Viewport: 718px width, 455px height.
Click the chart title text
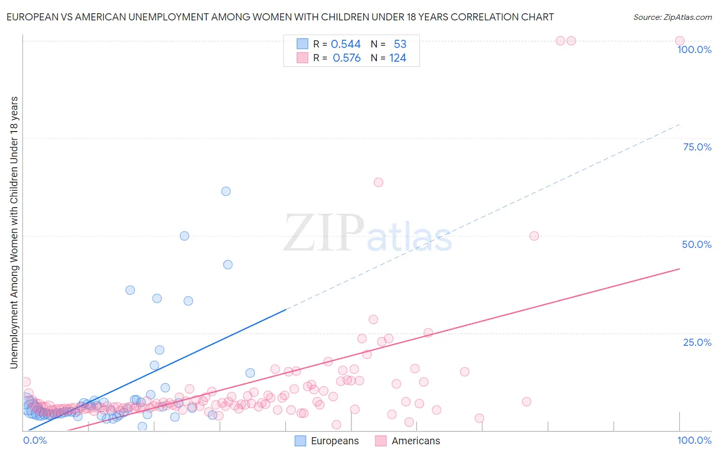tap(280, 17)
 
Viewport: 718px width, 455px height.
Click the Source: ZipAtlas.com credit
tap(672, 17)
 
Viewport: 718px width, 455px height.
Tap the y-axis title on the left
tap(14, 233)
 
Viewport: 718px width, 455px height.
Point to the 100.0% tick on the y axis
tap(694, 49)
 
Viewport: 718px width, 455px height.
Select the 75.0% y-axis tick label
tap(697, 147)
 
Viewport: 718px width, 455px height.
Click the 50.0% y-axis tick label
tap(697, 244)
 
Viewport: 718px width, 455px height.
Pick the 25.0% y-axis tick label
tap(697, 342)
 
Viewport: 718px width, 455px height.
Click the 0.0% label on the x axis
tap(35, 440)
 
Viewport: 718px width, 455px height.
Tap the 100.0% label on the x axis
tap(694, 440)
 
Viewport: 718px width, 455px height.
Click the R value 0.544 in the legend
tap(346, 44)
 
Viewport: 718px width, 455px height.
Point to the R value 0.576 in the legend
tap(346, 58)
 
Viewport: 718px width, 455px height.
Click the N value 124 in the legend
tap(397, 58)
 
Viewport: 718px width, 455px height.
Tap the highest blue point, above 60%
tap(226, 191)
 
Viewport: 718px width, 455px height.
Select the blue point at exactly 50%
tap(184, 236)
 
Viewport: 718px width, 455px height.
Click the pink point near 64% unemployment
tap(378, 182)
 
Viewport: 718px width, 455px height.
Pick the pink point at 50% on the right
tap(534, 236)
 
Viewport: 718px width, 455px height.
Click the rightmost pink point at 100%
tap(680, 41)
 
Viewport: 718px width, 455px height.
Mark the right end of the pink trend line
tap(680, 268)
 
